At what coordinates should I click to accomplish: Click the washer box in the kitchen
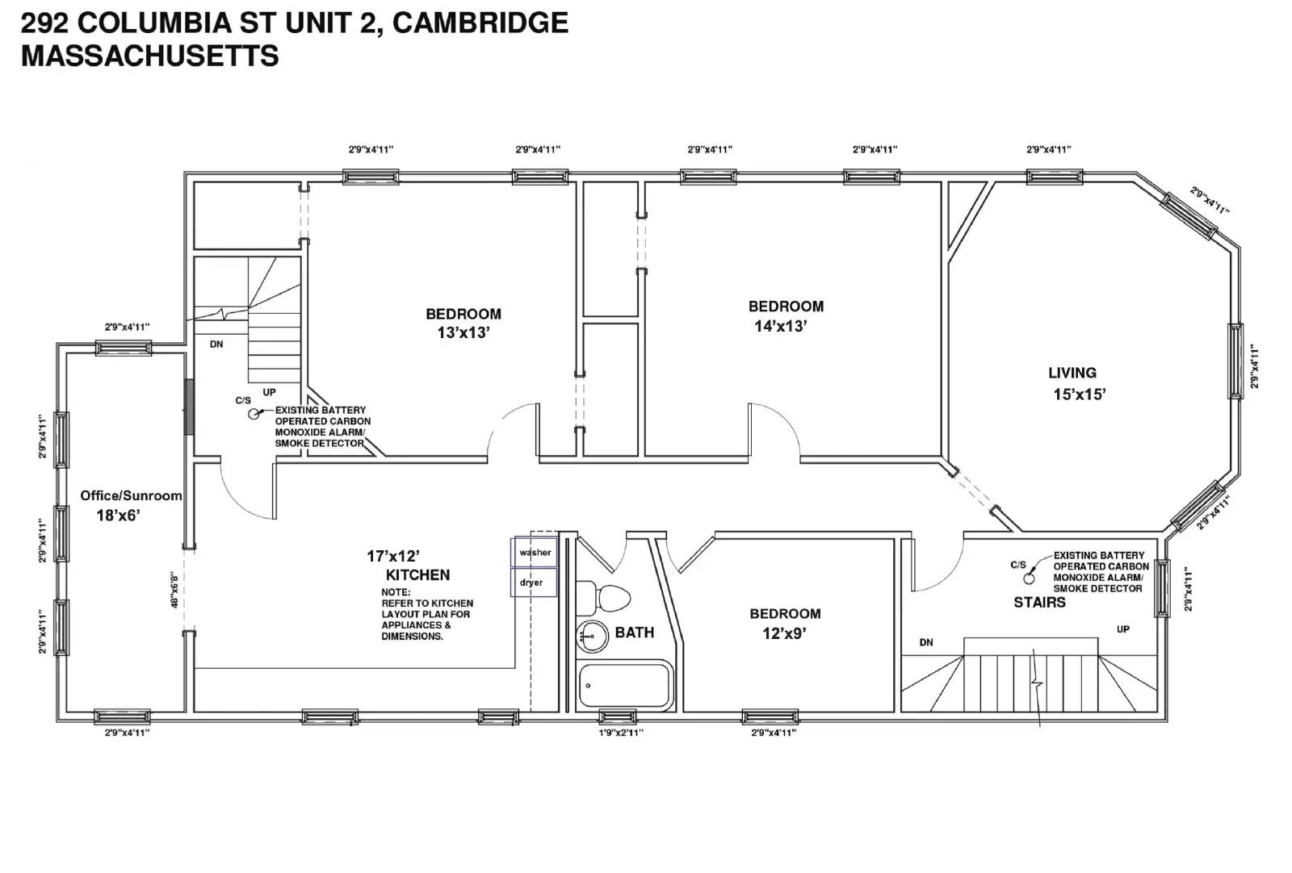534,552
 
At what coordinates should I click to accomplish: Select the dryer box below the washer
534,582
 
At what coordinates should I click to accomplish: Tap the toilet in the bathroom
603,598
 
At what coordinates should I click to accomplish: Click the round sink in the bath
593,637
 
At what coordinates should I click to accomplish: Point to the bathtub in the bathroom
626,685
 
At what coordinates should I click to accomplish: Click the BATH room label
635,633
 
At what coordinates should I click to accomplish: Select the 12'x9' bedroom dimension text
784,634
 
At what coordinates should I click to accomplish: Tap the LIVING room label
1072,373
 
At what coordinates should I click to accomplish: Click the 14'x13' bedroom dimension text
780,326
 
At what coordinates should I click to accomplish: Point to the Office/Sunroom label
131,495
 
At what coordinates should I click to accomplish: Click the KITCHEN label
417,575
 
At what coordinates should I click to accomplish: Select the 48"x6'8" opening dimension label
174,590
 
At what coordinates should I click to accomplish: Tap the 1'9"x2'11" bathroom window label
621,733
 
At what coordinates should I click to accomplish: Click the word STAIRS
1039,603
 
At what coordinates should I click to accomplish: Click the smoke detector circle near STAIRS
1029,579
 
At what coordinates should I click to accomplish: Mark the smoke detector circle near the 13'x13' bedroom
254,414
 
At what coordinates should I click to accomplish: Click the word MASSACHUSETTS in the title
150,56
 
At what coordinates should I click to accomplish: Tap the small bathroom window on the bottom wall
617,716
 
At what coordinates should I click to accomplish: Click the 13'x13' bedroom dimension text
464,333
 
